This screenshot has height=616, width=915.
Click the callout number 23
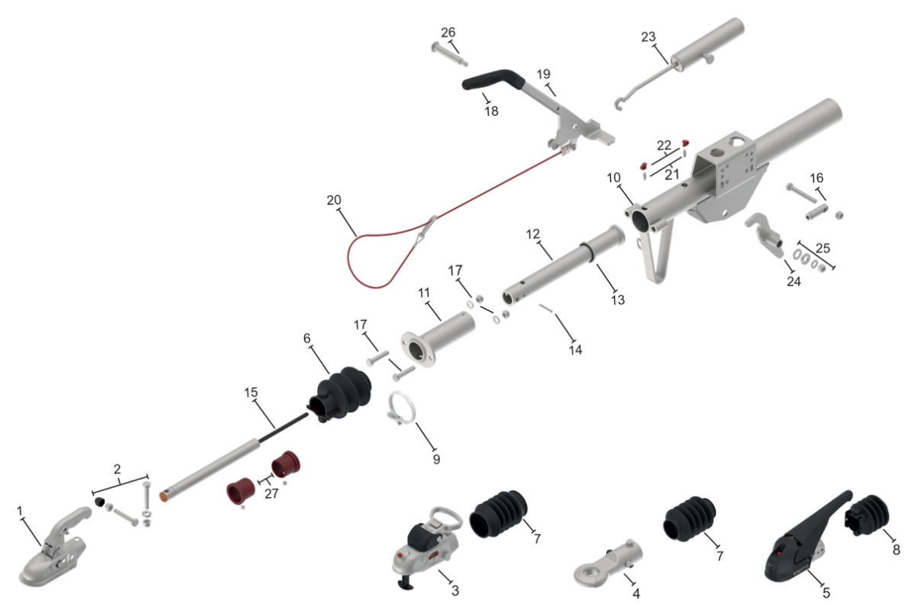pos(648,37)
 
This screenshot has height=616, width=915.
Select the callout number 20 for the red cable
pos(334,201)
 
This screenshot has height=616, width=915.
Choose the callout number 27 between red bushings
pos(271,493)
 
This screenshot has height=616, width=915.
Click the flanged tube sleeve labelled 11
pos(438,339)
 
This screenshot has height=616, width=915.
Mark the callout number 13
pos(618,300)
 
